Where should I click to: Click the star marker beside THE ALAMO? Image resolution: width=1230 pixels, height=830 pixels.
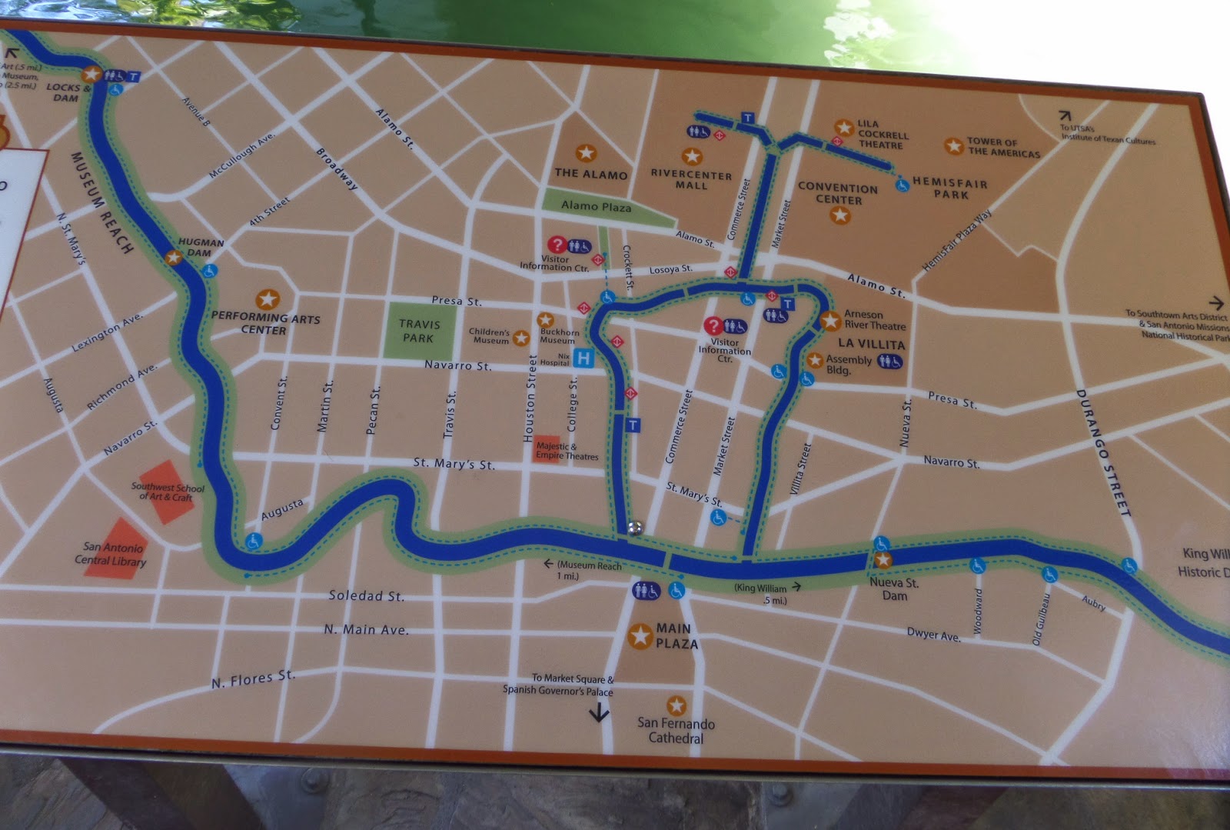586,153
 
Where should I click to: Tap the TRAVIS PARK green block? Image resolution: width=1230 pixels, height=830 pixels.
418,332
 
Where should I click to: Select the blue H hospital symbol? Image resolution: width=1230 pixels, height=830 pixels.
583,358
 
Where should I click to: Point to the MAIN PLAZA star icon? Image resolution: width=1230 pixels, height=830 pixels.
640,635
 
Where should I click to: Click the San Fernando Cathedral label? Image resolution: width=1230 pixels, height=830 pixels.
676,731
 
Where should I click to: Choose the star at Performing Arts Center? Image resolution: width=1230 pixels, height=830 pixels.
268,298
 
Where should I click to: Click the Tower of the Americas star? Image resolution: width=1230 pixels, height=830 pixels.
953,145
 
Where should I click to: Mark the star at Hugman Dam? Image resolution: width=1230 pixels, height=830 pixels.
174,258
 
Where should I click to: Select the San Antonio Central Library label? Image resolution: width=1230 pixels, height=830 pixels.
112,554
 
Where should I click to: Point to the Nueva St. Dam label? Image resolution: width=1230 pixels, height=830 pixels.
894,589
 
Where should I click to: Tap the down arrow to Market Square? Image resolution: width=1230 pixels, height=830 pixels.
599,713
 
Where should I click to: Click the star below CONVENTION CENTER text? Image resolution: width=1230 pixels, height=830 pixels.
840,215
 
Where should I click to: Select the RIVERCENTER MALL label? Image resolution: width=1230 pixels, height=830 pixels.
691,180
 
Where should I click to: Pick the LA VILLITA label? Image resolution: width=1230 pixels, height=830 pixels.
871,344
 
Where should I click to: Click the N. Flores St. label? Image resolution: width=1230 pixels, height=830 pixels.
253,678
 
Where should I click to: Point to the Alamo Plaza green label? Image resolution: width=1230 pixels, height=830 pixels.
596,206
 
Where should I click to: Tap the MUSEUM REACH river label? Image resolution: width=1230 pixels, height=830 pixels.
101,202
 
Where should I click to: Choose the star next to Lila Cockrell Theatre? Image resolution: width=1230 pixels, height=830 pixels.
844,127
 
